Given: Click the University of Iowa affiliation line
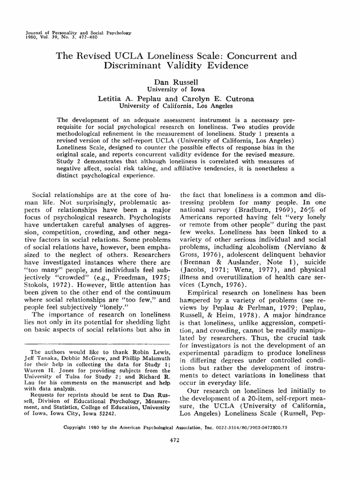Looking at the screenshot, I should (180, 88).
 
